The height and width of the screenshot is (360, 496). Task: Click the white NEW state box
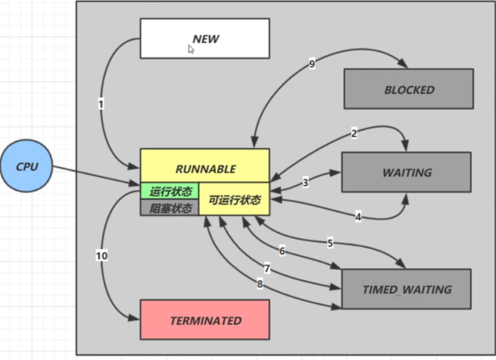click(204, 38)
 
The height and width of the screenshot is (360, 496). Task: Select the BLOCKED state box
click(409, 89)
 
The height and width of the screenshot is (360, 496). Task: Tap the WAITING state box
click(406, 172)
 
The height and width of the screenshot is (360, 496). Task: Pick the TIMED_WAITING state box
click(406, 289)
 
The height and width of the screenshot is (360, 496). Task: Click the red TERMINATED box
click(205, 320)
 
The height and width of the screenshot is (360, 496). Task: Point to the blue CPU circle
click(26, 166)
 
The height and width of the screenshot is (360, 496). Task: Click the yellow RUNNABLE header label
click(205, 168)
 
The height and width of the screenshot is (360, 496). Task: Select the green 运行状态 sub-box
click(170, 191)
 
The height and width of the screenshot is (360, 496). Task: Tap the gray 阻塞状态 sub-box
click(170, 208)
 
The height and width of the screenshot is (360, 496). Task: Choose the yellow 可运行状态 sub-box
click(235, 199)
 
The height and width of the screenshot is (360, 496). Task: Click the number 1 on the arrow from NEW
click(101, 104)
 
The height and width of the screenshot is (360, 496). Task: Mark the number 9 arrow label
click(312, 64)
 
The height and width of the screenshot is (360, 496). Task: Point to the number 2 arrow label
click(354, 134)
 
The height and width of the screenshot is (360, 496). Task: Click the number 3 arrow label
click(305, 183)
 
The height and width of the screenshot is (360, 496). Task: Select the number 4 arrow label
click(358, 217)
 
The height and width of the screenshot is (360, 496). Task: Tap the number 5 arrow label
click(330, 243)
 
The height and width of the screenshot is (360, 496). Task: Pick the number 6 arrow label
click(282, 251)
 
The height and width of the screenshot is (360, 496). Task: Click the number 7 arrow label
click(267, 269)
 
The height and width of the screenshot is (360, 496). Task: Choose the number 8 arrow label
click(260, 284)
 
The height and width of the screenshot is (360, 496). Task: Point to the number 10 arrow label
click(101, 256)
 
